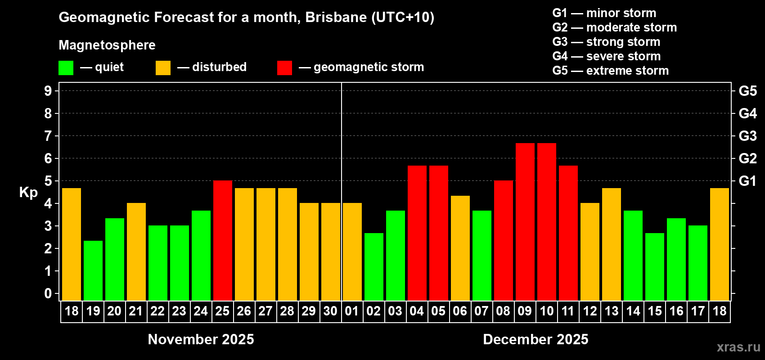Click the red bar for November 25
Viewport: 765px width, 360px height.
[x=223, y=240]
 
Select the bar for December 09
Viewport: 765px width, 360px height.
[x=525, y=221]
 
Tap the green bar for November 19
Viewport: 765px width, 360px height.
[x=93, y=270]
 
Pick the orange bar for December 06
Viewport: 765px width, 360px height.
[x=460, y=248]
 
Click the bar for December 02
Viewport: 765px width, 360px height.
[x=374, y=266]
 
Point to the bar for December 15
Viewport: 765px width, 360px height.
[x=655, y=266]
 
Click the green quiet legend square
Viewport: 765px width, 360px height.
[x=66, y=68]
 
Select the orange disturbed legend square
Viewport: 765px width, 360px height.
[x=163, y=68]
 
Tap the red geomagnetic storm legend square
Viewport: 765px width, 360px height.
[x=284, y=68]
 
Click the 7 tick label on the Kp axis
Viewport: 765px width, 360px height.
[x=48, y=136]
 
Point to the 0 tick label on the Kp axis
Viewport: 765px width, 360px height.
[x=48, y=294]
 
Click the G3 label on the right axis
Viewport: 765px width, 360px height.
[x=747, y=136]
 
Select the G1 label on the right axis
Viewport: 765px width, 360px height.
[x=747, y=181]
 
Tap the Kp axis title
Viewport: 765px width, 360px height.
[x=28, y=193]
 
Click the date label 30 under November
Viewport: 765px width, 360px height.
[x=330, y=311]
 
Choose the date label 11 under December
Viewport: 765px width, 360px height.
[x=568, y=311]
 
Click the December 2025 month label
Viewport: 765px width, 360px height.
[x=535, y=339]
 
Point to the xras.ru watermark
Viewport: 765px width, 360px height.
[x=738, y=347]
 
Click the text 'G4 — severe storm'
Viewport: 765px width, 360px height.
[x=607, y=56]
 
